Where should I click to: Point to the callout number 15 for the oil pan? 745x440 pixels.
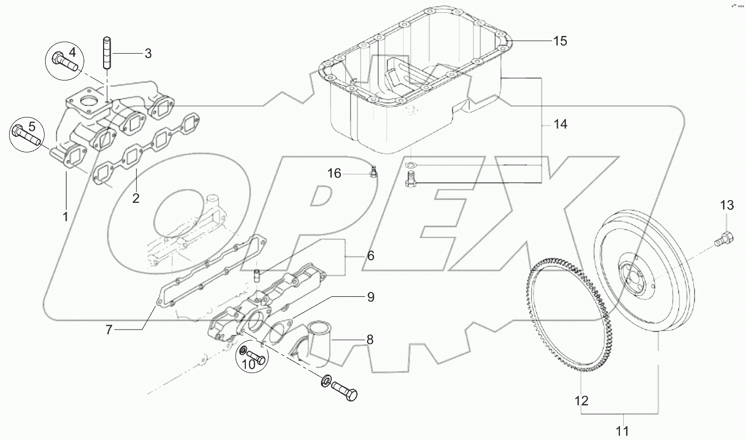pos(560,41)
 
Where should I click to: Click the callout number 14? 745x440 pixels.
pos(560,124)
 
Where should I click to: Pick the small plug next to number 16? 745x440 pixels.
pos(374,172)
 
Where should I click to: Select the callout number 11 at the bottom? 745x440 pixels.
pos(623,430)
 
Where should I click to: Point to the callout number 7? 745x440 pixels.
pos(109,330)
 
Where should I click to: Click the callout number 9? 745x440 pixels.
pos(385,297)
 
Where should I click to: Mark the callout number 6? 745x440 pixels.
pos(370,256)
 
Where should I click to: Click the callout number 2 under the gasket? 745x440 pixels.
pos(135,198)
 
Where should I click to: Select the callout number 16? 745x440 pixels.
pos(334,173)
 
